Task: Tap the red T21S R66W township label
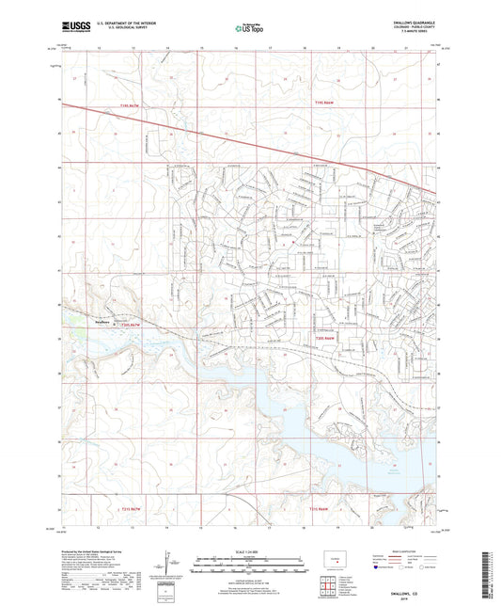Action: tap(322, 509)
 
